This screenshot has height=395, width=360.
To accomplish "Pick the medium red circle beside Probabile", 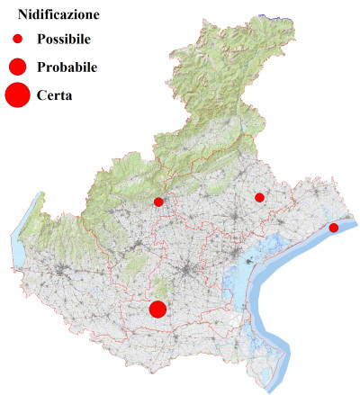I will (17, 67).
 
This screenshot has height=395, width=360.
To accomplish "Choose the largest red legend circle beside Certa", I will (17, 94).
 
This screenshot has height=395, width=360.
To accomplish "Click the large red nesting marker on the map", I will (157, 310).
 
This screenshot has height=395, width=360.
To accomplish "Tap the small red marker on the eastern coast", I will (334, 228).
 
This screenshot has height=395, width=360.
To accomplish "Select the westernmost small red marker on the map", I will (158, 202).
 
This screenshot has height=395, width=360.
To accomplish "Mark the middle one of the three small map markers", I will (259, 197).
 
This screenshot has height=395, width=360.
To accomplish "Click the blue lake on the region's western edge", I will (20, 243).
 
